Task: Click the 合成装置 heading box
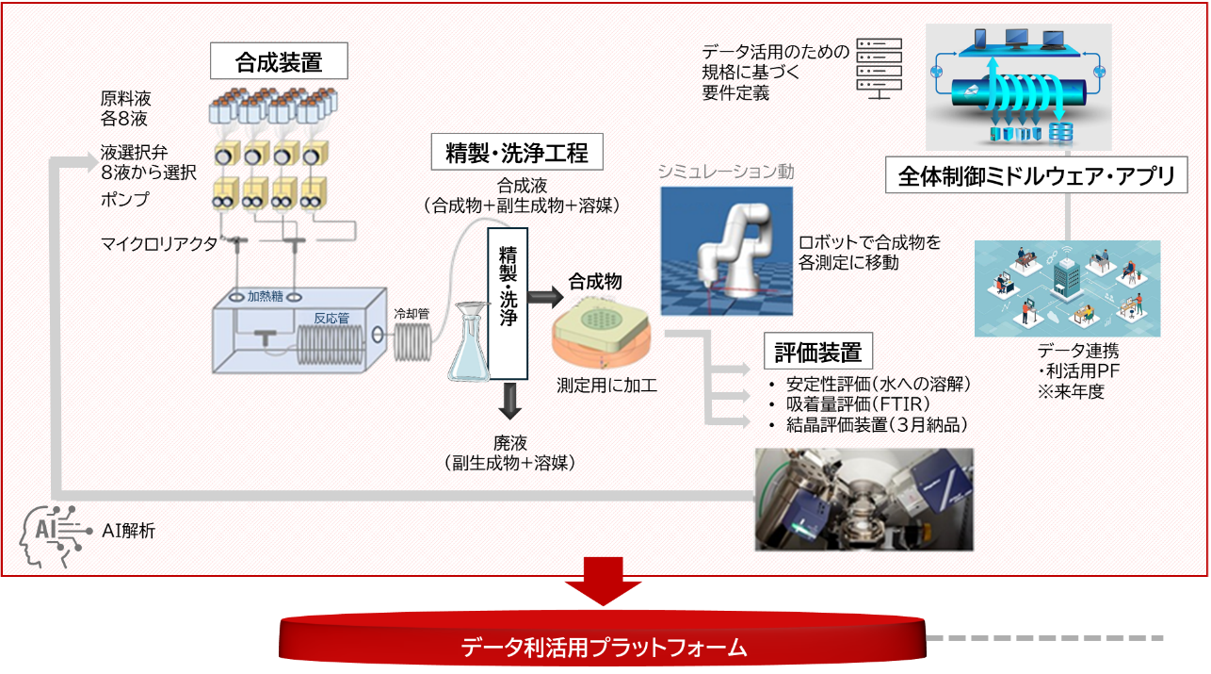click(x=279, y=62)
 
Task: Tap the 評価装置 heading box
click(x=817, y=352)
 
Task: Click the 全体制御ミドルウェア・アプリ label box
click(x=1035, y=176)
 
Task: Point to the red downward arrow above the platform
click(x=604, y=582)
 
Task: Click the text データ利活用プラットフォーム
click(x=604, y=648)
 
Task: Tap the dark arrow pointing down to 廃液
click(x=510, y=401)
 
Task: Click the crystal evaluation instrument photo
click(x=864, y=500)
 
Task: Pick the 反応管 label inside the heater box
click(x=331, y=317)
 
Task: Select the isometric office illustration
click(x=1067, y=288)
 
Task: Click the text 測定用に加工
click(x=606, y=385)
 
